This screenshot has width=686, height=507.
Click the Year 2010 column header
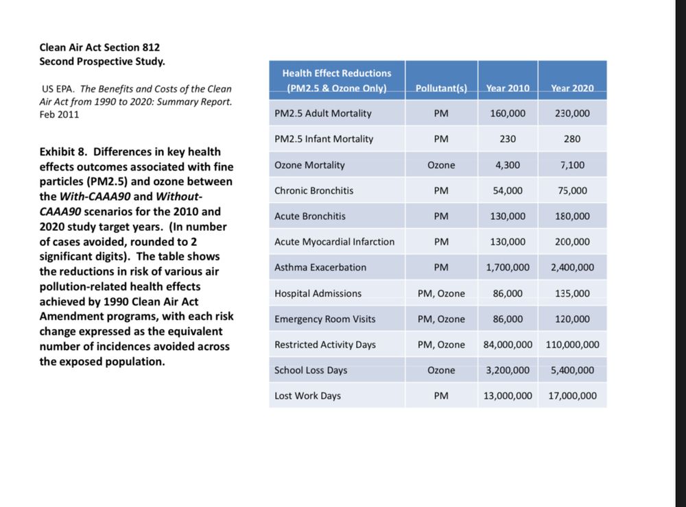tap(508, 88)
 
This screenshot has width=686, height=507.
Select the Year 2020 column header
tap(572, 88)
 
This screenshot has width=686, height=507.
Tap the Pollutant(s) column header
tap(441, 88)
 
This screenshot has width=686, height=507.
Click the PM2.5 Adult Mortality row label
tap(322, 113)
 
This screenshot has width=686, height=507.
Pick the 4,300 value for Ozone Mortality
tap(508, 165)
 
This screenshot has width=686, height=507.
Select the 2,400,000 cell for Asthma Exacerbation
tap(572, 267)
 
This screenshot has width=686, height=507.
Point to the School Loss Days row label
tap(311, 370)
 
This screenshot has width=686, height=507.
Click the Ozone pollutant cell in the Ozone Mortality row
tap(441, 165)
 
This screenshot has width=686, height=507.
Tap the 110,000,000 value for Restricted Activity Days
tap(572, 345)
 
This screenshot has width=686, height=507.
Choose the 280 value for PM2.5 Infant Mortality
tap(572, 139)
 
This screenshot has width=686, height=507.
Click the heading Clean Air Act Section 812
tap(99, 47)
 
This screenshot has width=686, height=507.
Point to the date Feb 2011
tap(59, 114)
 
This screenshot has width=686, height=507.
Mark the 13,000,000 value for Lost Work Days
tap(508, 396)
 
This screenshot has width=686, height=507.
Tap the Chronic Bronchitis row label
tap(314, 190)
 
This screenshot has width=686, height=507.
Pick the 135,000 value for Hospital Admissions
tap(572, 293)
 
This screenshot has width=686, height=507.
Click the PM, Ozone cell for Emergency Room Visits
tap(441, 319)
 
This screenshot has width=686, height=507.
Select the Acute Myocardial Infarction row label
tap(334, 242)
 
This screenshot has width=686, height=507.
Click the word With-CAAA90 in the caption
tap(92, 197)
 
